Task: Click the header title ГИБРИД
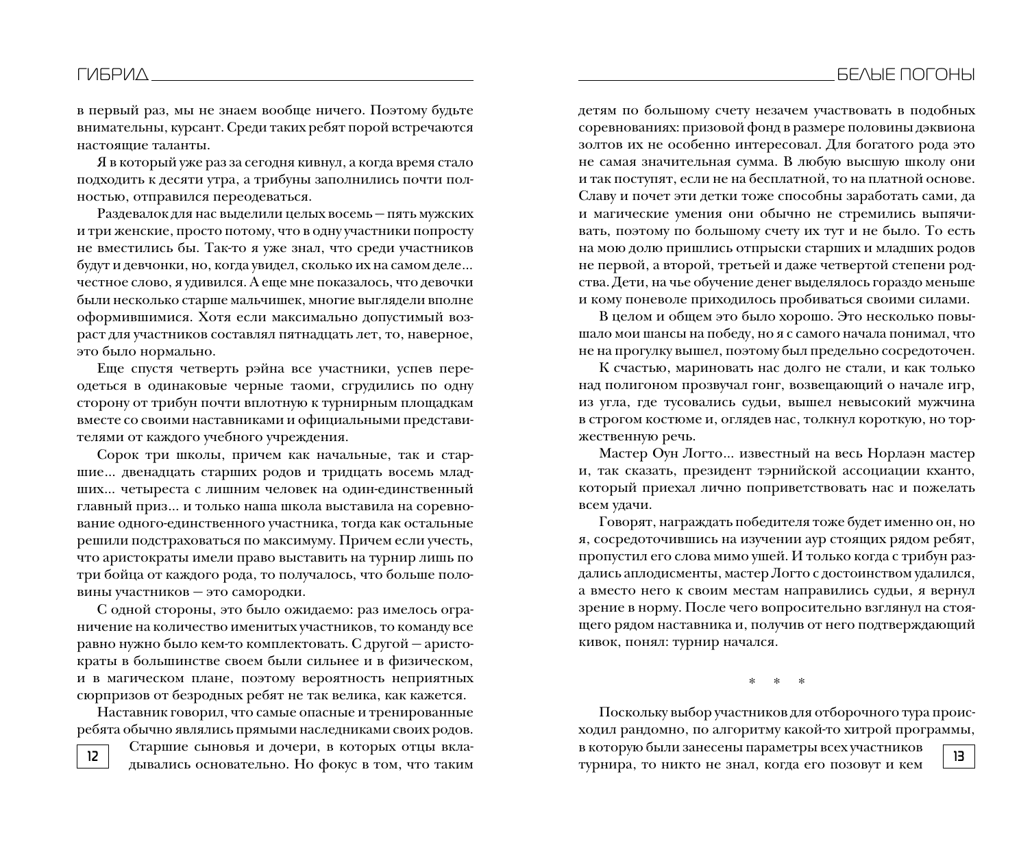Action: [x=112, y=75]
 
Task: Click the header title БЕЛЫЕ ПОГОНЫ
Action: [x=906, y=75]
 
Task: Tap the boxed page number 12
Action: [x=93, y=756]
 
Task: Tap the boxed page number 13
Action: [x=958, y=756]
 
